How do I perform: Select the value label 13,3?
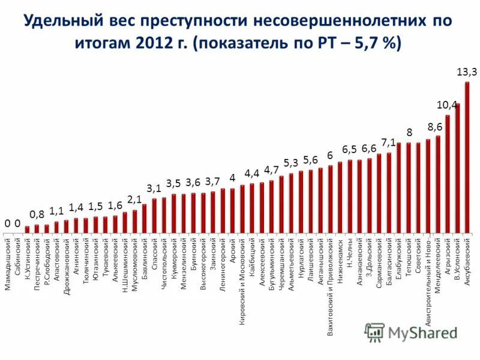click(467, 72)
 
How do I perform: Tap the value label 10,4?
click(447, 105)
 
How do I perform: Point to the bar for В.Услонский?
click(457, 168)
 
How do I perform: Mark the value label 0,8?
click(37, 214)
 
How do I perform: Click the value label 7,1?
click(388, 142)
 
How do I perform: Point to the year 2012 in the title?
click(158, 44)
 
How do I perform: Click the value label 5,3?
click(291, 163)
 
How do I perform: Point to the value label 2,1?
click(134, 199)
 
